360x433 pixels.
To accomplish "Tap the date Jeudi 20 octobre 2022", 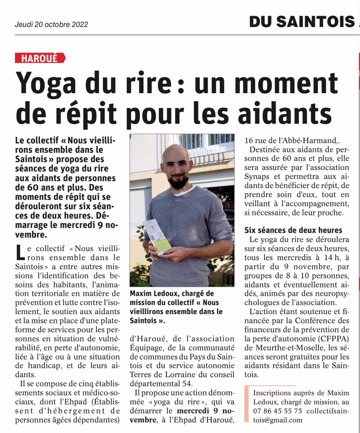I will click(51, 25).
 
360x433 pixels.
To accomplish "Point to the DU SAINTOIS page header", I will click(301, 22).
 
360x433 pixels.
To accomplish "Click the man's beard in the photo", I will click(177, 183).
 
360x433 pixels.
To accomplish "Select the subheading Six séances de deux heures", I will click(293, 230).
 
